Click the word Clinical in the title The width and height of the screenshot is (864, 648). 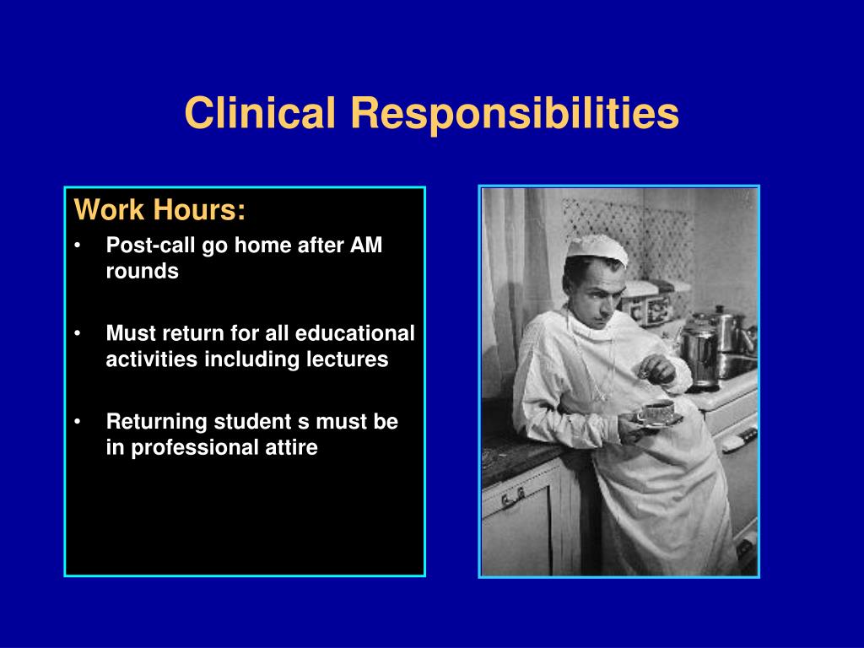(x=260, y=113)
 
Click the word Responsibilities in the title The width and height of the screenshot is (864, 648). (x=515, y=114)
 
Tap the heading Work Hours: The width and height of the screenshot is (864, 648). (x=159, y=209)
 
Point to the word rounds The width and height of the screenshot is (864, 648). (x=142, y=271)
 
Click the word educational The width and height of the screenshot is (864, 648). (x=355, y=332)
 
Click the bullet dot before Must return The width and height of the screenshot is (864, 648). (x=78, y=333)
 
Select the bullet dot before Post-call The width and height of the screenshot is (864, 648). (x=78, y=246)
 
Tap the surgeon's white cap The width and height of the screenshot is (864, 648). (x=597, y=250)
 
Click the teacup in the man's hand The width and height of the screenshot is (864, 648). (x=656, y=412)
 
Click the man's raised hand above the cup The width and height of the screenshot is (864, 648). (x=659, y=370)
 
